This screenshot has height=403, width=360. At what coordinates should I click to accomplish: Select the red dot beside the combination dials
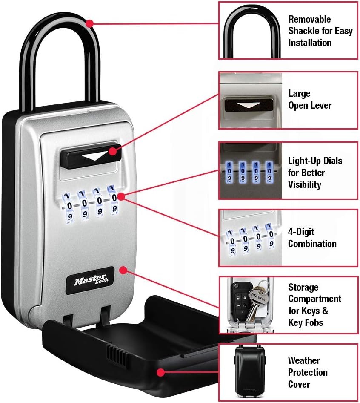tap(121, 197)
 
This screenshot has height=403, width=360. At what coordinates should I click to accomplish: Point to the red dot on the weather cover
tap(160, 372)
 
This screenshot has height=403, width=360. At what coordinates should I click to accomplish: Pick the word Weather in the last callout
tap(304, 360)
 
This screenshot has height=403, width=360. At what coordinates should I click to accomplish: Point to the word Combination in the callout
tap(312, 244)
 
